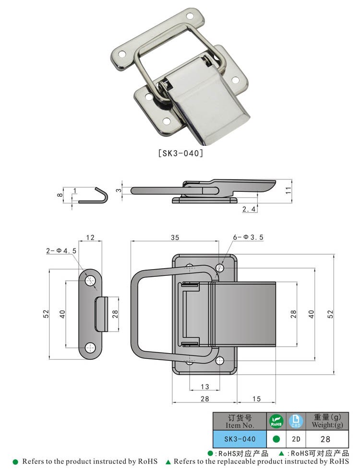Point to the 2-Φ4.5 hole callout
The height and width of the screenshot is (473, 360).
coord(61,250)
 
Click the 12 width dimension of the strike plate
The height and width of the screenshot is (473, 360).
coord(90,237)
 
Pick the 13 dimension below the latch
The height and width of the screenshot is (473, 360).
coord(204,387)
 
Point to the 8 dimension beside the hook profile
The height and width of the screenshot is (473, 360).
coord(60,195)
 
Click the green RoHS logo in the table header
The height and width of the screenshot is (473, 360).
coord(276,421)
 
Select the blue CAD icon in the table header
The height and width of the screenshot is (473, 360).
coord(295,421)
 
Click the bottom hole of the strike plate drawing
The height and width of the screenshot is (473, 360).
coord(90,348)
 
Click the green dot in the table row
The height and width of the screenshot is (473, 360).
coord(276,438)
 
